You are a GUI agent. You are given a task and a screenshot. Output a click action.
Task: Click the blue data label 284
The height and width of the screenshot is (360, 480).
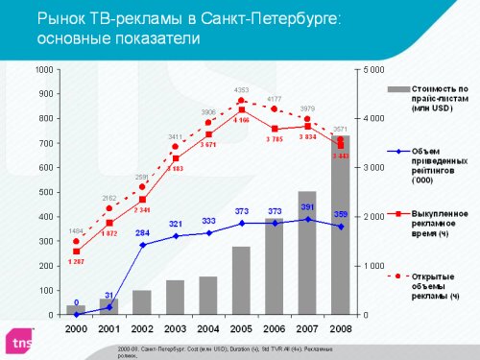click(141, 233)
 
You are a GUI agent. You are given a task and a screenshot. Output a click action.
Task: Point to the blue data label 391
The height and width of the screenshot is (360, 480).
click(307, 207)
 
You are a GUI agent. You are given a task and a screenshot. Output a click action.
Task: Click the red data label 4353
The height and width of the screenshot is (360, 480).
click(242, 90)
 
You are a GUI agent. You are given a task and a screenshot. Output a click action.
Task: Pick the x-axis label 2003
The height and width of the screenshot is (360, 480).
click(175, 327)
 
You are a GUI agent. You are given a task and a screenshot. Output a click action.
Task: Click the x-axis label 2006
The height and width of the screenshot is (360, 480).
click(275, 327)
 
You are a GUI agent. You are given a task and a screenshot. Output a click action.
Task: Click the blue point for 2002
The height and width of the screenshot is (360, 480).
click(142, 245)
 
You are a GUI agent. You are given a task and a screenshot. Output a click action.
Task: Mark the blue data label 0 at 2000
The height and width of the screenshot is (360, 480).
click(76, 303)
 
